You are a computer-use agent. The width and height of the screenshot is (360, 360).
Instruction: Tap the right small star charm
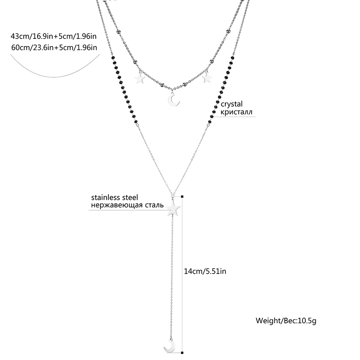pos(207,78)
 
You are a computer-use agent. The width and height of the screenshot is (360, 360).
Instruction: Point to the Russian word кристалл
pos(236,112)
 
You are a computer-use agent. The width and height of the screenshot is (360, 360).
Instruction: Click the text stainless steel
pos(114,197)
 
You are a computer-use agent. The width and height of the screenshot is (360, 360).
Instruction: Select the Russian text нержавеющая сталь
pos(127,205)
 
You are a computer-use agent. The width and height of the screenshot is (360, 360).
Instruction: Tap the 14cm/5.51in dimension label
pos(205,271)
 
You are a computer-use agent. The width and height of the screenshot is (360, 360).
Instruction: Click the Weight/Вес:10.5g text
pos(286,320)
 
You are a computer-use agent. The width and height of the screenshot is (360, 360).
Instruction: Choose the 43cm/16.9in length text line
pos(54,36)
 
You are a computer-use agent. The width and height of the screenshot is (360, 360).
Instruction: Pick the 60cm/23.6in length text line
pos(54,47)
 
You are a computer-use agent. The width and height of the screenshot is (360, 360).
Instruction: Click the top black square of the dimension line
pos(183,197)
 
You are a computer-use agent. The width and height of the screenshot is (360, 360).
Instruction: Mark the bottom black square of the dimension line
pos(183,353)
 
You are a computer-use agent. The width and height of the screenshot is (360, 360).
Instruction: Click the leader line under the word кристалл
pos(234,116)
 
